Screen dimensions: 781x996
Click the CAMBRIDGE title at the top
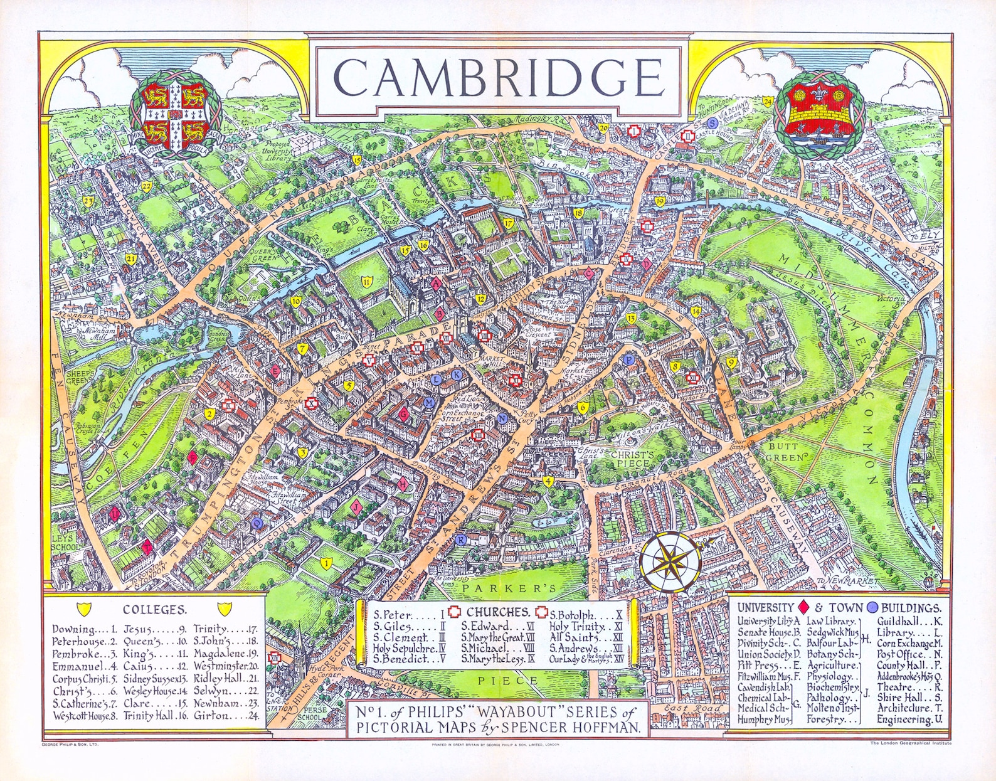[x=499, y=77]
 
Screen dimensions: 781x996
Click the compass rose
[x=670, y=561]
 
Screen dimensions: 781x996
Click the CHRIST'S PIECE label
[x=632, y=459]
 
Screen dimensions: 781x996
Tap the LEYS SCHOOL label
[x=65, y=542]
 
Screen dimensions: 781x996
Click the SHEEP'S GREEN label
[x=79, y=377]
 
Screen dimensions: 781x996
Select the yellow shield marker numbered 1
[x=325, y=563]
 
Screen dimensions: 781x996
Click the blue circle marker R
[x=461, y=540]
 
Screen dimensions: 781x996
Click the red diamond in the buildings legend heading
[x=803, y=607]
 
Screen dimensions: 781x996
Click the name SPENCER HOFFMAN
[x=578, y=728]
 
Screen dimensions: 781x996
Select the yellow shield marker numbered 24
[x=768, y=101]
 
